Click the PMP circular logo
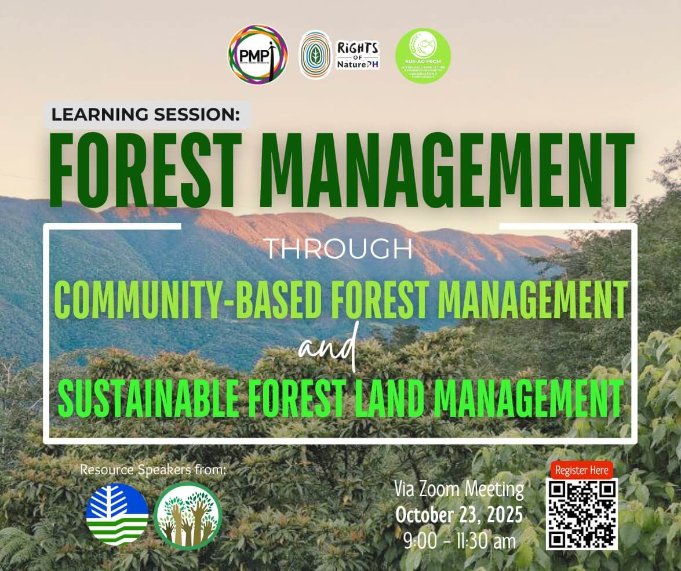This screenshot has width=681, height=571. (x=257, y=54)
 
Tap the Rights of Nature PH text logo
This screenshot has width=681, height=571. (x=358, y=56)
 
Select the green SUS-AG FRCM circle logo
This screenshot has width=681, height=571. (x=423, y=56)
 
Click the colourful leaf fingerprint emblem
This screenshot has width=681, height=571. (x=315, y=55)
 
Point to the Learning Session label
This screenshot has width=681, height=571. (x=145, y=114)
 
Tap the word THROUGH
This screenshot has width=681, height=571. (x=339, y=249)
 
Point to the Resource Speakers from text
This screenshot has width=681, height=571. (x=153, y=470)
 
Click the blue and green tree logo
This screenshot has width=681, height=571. (x=117, y=514)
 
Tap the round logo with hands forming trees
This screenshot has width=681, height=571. (x=188, y=515)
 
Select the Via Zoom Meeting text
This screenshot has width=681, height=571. (x=459, y=489)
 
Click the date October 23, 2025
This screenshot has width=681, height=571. (x=459, y=514)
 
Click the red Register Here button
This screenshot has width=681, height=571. (x=581, y=470)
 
